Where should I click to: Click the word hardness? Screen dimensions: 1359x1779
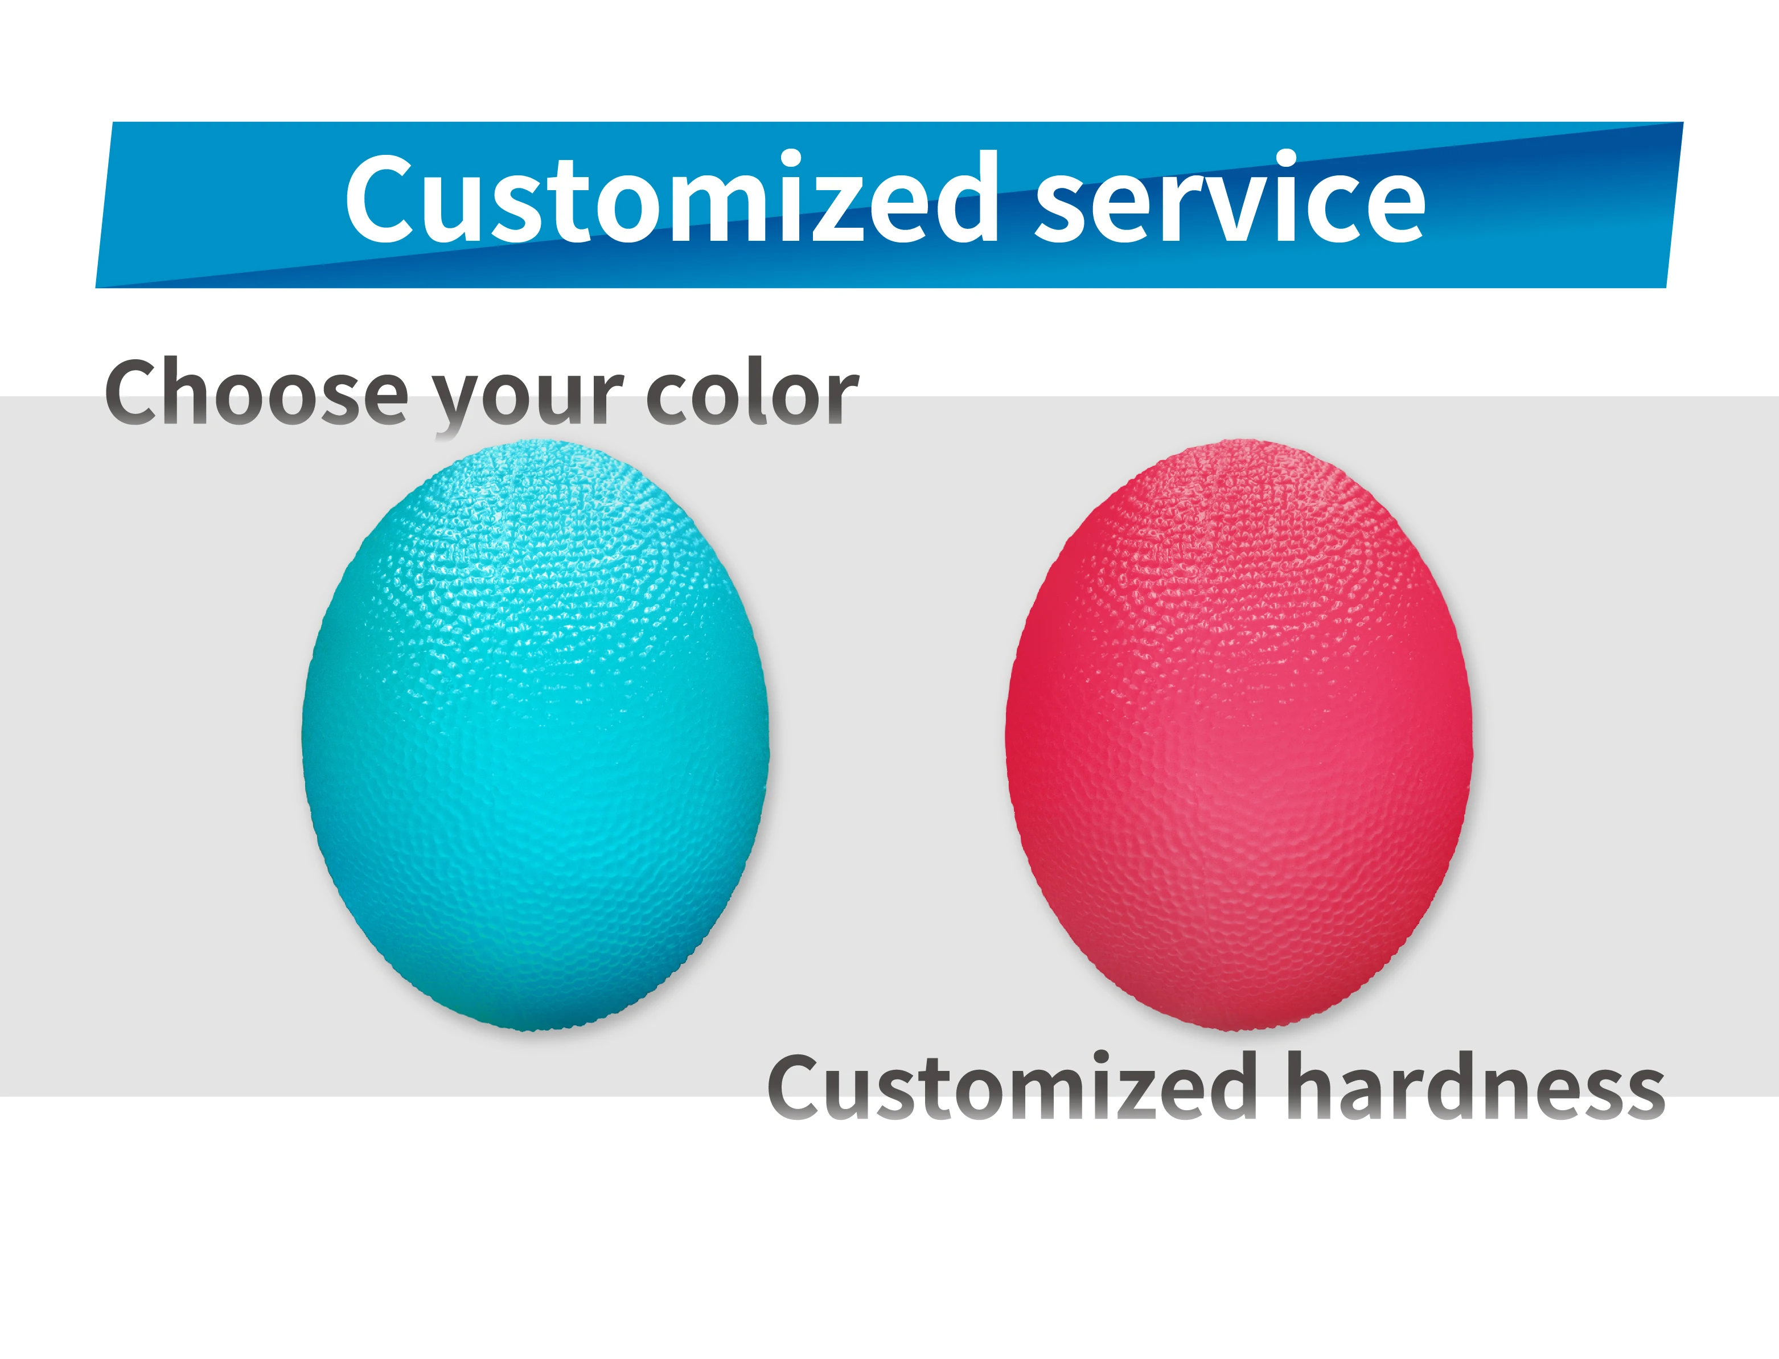tap(1475, 1088)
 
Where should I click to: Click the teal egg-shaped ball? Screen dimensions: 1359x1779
tap(535, 736)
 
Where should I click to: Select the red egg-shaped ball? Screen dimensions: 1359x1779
tap(1238, 736)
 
